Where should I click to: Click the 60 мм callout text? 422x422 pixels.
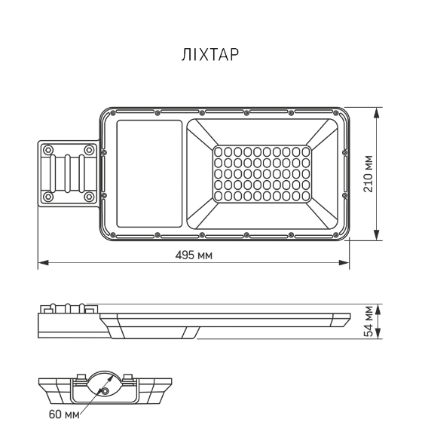65,414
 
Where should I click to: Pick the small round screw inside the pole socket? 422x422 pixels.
106,391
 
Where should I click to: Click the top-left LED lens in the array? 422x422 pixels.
219,151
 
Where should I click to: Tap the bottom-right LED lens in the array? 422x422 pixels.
304,197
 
